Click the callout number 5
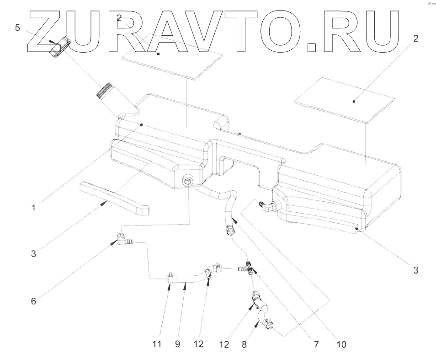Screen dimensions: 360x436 17,28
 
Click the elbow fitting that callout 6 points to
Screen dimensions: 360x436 122,239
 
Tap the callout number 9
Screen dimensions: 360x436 178,343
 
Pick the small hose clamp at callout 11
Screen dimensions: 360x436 170,276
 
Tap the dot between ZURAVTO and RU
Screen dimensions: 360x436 312,46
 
